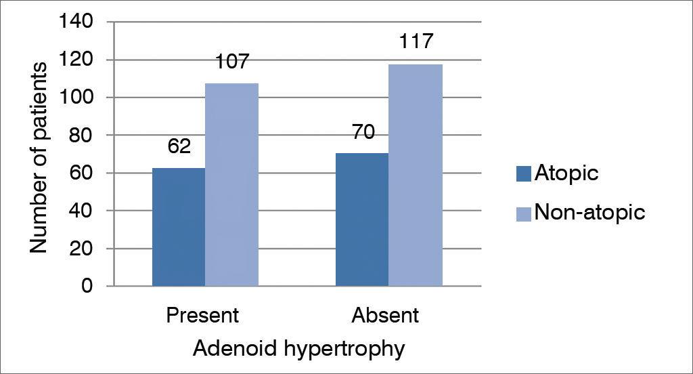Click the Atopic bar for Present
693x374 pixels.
(179, 227)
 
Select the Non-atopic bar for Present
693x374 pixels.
(231, 184)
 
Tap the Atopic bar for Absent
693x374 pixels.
(362, 220)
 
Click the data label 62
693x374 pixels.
(179, 147)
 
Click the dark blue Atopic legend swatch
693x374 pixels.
(524, 174)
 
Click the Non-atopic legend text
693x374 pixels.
(589, 213)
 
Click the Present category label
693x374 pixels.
(203, 316)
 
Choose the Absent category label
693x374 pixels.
(385, 316)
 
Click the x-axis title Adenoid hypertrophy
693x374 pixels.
(299, 349)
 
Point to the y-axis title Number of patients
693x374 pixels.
(39, 157)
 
